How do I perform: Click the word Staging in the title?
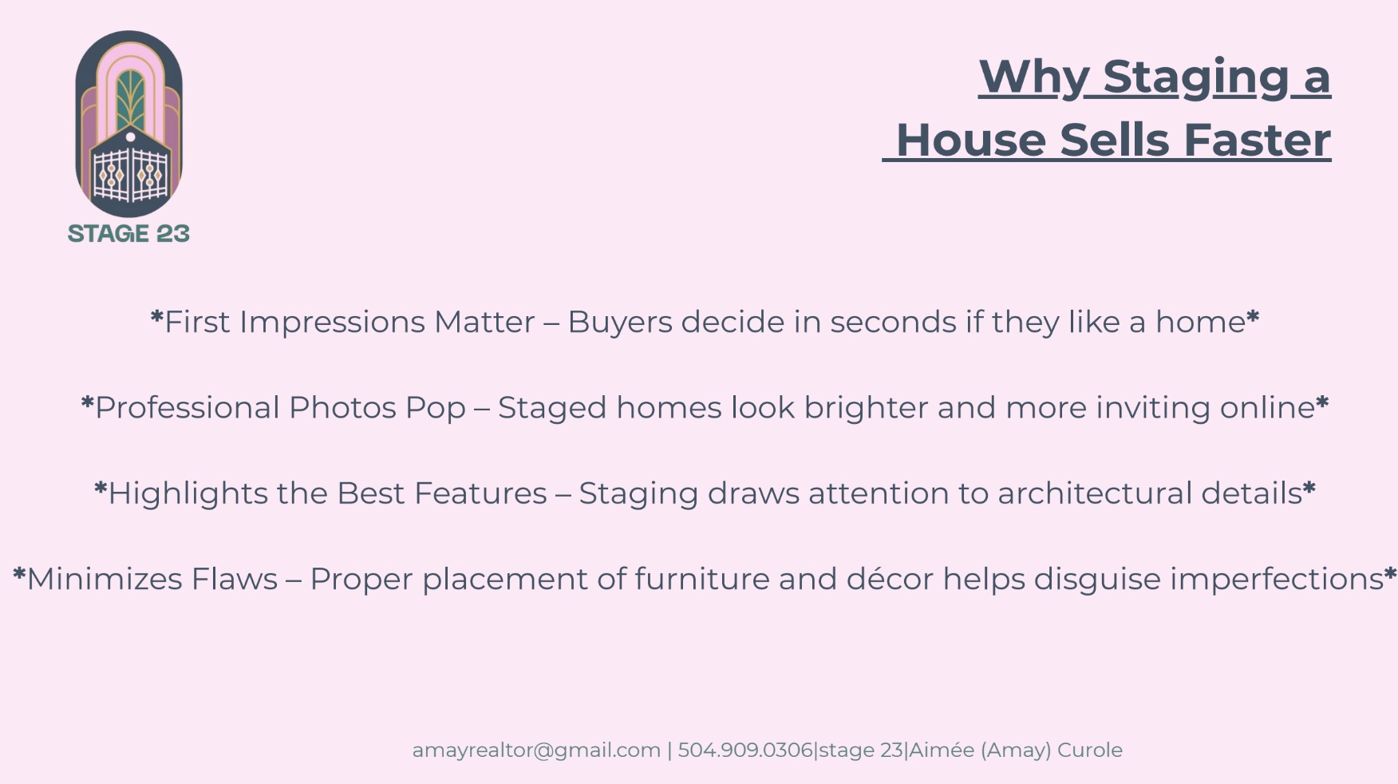point(1196,77)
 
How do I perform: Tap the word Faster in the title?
point(1257,140)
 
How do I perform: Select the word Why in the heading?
point(1034,77)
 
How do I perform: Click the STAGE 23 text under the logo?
point(128,233)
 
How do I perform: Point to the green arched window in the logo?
point(130,100)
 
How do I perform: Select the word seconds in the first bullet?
point(893,322)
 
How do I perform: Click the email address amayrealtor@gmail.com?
point(536,750)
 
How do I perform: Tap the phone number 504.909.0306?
point(744,750)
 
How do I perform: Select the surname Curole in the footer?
point(1090,750)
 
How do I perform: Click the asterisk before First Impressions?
point(156,319)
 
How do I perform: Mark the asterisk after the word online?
point(1322,403)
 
